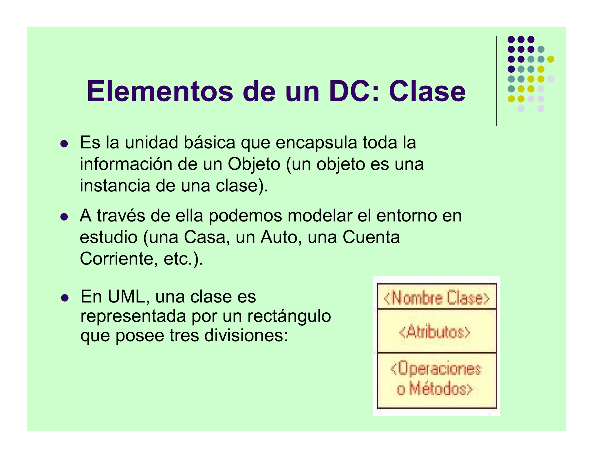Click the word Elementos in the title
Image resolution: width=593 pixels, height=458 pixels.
tap(160, 91)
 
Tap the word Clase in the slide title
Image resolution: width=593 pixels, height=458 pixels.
tap(427, 91)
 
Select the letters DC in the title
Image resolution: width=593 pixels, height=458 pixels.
tap(350, 91)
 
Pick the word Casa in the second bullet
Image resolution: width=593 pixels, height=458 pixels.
tap(204, 237)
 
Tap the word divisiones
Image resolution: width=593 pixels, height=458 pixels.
tap(246, 336)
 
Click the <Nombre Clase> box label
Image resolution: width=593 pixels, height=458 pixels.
tap(437, 298)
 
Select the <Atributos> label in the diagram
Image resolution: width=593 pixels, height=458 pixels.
tap(435, 332)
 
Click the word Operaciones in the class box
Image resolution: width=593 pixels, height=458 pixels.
tap(439, 369)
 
